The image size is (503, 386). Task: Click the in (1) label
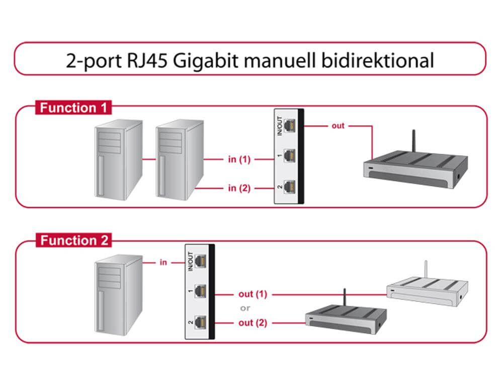coord(239,160)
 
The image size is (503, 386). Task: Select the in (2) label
coord(239,188)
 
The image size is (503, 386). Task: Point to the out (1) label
coord(253,294)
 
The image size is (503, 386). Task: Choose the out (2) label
coord(253,323)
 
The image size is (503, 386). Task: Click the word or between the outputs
coord(245,308)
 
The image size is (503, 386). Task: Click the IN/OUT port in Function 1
coord(289,125)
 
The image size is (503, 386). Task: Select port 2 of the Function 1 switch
coord(289,188)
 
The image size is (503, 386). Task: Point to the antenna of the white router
coord(426,272)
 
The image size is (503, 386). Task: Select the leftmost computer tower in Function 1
coord(118,160)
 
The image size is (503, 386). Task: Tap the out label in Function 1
coord(338,125)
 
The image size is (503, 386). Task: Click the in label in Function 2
coord(163,262)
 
